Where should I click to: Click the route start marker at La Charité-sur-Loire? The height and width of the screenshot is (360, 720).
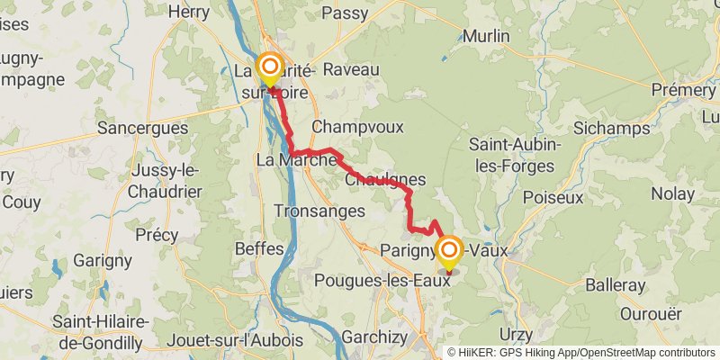pos(269,67)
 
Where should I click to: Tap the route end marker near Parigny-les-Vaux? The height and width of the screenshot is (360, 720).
pos(449,249)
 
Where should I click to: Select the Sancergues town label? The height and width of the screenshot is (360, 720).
pos(145,128)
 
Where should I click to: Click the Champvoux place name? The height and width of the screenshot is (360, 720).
pos(357,126)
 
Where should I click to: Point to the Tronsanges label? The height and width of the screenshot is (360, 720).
pos(319,211)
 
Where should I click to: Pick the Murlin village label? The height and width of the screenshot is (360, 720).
pos(486,37)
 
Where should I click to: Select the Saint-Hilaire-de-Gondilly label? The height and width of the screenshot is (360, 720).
pos(97,331)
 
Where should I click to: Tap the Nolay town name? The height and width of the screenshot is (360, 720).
pos(672,193)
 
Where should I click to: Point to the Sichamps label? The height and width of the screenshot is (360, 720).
pos(611,129)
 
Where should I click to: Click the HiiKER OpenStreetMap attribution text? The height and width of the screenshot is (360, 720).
pos(581,353)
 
